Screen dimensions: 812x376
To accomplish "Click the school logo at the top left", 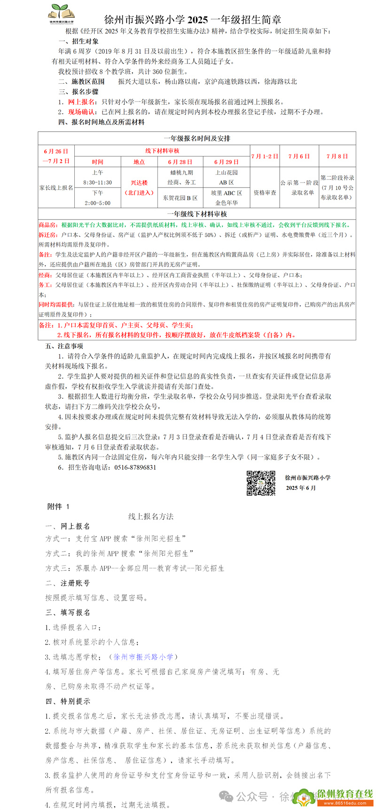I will click(x=62, y=13).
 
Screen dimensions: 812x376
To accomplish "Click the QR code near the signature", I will click(x=261, y=482).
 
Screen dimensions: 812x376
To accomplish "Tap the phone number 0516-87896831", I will click(x=133, y=467).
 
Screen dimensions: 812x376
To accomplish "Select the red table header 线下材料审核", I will click(x=162, y=151).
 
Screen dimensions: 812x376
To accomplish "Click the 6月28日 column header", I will click(x=180, y=162).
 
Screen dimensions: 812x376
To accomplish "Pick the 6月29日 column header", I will click(x=227, y=162).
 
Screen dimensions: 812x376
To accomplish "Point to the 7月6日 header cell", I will click(x=299, y=156).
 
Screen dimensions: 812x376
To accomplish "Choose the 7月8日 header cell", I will click(x=337, y=156).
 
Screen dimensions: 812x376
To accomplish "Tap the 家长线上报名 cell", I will click(x=56, y=188).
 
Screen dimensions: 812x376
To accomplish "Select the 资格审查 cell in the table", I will click(x=265, y=192).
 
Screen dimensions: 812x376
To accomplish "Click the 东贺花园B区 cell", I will click(x=180, y=198).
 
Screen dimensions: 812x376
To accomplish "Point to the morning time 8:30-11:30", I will click(x=98, y=182).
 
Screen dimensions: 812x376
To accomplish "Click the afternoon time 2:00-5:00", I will click(x=98, y=203).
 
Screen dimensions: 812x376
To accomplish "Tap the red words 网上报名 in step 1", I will click(x=81, y=102).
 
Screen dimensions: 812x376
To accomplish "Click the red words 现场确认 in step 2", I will click(x=81, y=112).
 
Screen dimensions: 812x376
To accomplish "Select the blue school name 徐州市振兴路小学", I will click(x=143, y=657).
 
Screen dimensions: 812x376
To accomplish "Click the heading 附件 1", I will click(x=58, y=506).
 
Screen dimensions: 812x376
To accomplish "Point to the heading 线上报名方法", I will click(x=151, y=516).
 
